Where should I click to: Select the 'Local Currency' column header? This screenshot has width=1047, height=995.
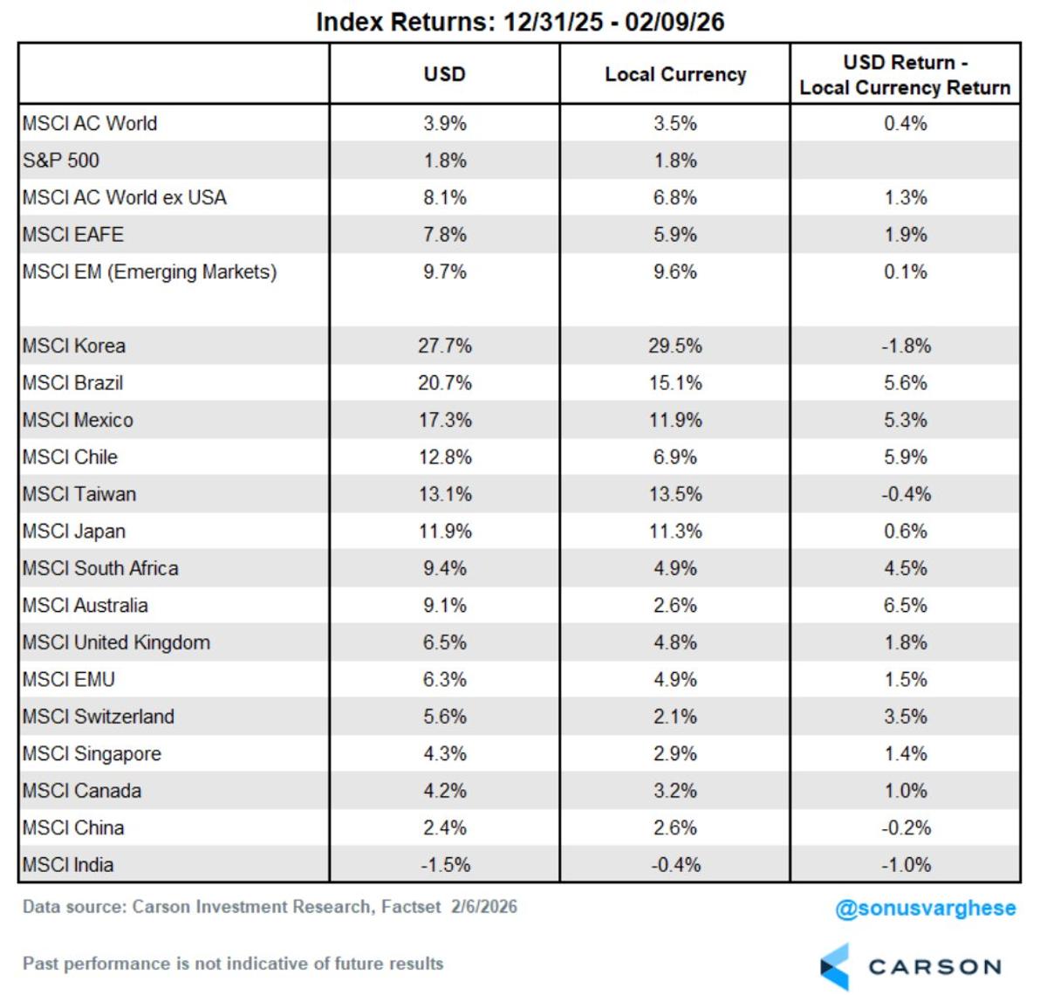click(x=675, y=74)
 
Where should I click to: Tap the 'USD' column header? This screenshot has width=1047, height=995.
click(x=444, y=74)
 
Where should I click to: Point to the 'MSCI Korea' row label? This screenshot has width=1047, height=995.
click(x=74, y=346)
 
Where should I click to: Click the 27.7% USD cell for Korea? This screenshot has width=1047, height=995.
click(x=444, y=346)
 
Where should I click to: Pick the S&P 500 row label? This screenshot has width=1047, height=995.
click(x=61, y=161)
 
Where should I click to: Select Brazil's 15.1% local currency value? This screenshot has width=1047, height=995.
click(x=675, y=383)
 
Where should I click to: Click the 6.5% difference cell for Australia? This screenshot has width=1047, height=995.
click(x=905, y=606)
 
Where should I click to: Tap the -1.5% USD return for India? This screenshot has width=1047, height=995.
click(x=444, y=865)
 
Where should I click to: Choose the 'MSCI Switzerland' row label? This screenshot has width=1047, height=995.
click(x=99, y=717)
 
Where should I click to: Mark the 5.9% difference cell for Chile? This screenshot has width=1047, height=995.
click(x=905, y=457)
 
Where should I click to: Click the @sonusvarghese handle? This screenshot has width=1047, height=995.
click(x=925, y=909)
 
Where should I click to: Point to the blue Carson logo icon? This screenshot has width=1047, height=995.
click(x=835, y=966)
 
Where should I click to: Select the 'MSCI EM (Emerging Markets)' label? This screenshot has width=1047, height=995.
click(x=150, y=271)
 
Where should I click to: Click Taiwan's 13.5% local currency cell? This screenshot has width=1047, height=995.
click(x=675, y=494)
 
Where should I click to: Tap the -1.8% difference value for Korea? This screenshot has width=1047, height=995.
click(x=905, y=346)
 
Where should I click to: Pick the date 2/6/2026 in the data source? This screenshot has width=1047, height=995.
click(x=484, y=907)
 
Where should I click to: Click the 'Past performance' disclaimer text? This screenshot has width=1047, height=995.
click(x=233, y=964)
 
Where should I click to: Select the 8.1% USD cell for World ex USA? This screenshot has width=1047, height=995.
click(x=444, y=197)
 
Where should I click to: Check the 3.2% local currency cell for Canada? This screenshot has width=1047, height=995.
click(x=675, y=791)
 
